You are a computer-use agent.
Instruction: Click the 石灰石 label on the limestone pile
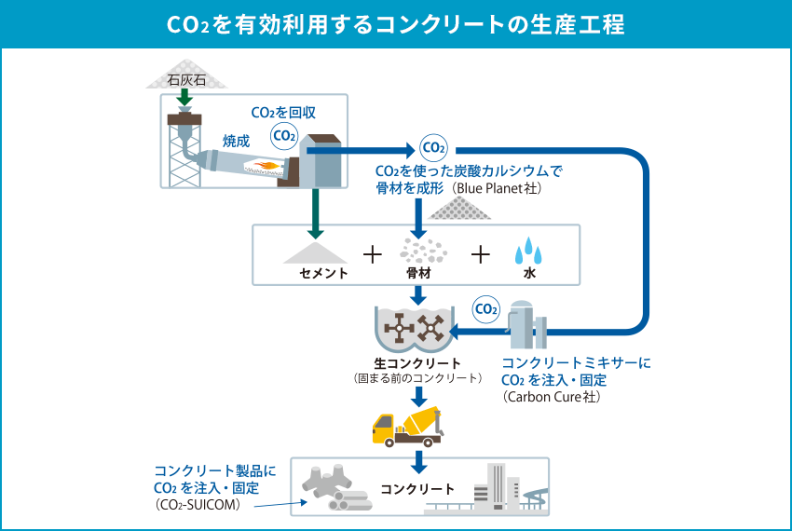(186, 80)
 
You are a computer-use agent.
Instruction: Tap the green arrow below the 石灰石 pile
(184, 97)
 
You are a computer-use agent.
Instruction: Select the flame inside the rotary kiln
(267, 165)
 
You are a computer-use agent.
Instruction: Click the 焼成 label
(237, 141)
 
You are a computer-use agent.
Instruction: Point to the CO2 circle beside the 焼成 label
(284, 136)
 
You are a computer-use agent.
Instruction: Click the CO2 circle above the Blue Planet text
(433, 148)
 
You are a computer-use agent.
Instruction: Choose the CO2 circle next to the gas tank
(485, 309)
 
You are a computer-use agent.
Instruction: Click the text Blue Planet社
(497, 188)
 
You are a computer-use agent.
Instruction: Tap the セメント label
(323, 273)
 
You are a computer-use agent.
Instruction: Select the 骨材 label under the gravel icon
(418, 273)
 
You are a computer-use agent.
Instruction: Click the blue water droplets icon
(528, 251)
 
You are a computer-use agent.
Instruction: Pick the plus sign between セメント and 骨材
(373, 254)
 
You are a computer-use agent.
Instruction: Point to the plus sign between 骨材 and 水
(481, 254)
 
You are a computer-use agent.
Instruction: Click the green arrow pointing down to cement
(315, 213)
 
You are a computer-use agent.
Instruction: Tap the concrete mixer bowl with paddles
(415, 329)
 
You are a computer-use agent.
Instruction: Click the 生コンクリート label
(417, 363)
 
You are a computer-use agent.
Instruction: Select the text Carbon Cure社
(553, 397)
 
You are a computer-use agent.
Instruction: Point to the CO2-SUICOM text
(198, 505)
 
